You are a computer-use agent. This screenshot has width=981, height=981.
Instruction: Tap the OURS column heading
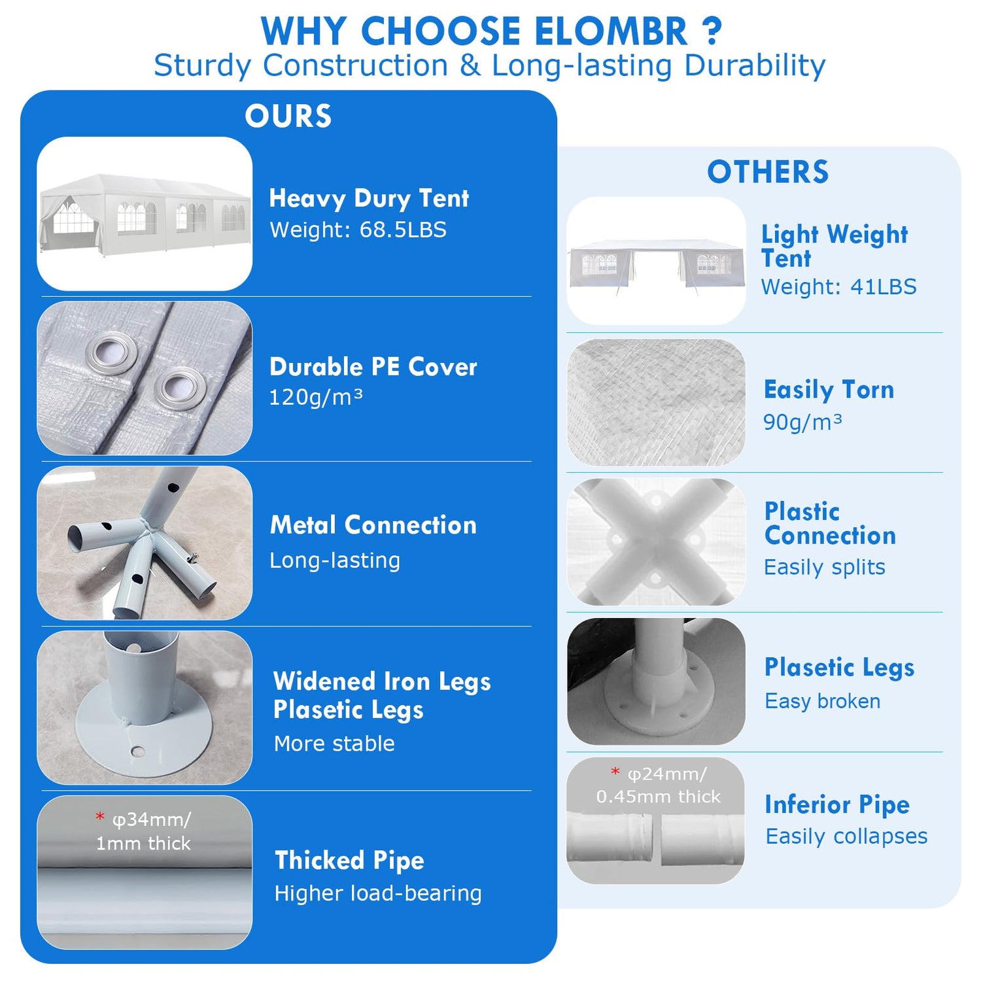coord(288,116)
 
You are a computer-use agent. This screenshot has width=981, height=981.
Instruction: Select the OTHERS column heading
coord(768,172)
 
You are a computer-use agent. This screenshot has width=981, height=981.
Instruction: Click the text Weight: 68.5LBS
coord(358,230)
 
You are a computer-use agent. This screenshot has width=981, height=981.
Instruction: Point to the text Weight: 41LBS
coord(838,286)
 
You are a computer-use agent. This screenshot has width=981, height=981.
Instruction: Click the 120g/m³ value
coord(316,397)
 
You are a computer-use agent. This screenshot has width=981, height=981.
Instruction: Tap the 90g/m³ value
coord(802,422)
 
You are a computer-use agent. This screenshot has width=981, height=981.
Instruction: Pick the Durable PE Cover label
coord(373,367)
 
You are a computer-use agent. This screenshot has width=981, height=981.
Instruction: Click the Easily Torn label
coord(829,390)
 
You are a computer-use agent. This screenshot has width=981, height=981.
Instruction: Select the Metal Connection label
coord(373,525)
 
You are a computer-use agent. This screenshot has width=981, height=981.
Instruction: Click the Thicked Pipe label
coord(349,861)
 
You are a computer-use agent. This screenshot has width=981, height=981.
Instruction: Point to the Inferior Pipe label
coord(837,804)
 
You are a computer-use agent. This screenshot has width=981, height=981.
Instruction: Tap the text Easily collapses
coord(846,836)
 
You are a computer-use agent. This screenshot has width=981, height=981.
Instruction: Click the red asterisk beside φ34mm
coord(100,817)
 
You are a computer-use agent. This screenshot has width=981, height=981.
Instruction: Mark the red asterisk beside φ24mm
coord(615,772)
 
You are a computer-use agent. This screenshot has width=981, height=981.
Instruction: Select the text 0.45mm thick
coord(658,797)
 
